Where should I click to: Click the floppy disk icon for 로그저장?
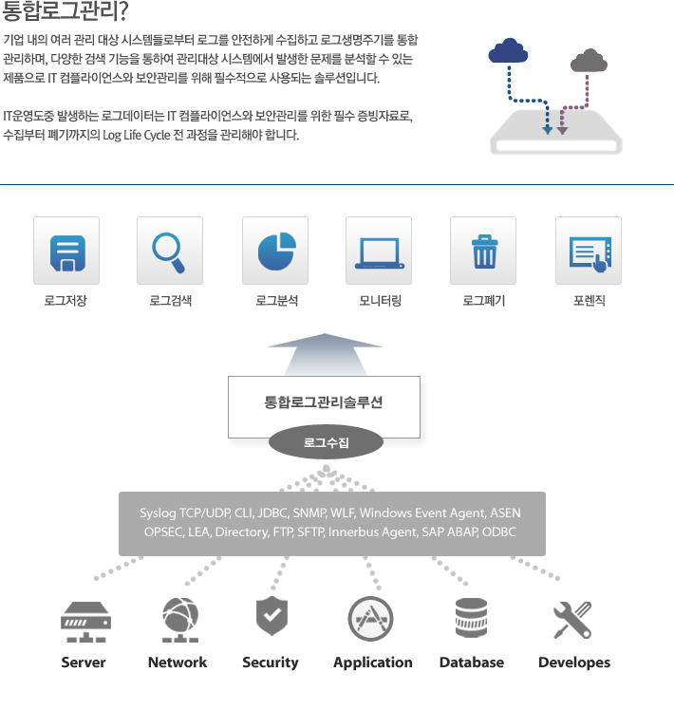[x=67, y=253]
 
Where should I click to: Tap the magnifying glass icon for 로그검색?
[x=169, y=252]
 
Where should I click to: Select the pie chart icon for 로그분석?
[x=277, y=252]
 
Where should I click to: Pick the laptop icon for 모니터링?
[x=380, y=253]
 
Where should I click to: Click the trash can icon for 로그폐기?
[x=484, y=252]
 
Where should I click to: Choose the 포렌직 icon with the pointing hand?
[x=590, y=254]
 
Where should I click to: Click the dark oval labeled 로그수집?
[x=326, y=441]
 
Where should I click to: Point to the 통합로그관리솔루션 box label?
[x=324, y=401]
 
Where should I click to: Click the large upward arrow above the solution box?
[x=325, y=354]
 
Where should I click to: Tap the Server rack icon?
[x=86, y=622]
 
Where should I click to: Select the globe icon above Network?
[x=180, y=620]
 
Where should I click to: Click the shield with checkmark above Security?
[x=271, y=615]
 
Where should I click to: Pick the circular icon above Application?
[x=370, y=619]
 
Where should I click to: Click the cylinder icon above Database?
[x=471, y=618]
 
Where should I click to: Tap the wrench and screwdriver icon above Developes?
[x=572, y=620]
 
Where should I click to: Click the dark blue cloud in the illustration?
[x=509, y=50]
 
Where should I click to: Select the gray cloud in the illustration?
[x=589, y=60]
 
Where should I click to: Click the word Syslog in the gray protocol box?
[x=158, y=513]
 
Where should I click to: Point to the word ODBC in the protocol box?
[x=499, y=532]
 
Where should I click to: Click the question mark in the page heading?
[x=122, y=10]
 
